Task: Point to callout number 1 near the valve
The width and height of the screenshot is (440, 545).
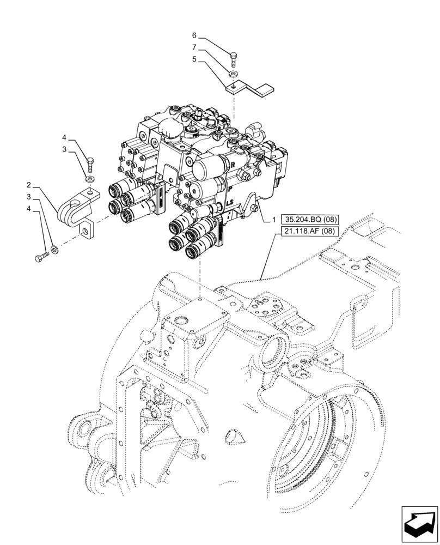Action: tap(267, 220)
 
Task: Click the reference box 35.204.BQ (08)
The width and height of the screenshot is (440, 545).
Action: tap(308, 220)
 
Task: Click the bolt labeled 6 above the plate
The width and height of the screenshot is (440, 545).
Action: tap(234, 58)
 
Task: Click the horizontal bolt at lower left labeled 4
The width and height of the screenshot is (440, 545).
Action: tap(42, 257)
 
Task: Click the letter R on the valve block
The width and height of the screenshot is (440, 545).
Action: tap(233, 163)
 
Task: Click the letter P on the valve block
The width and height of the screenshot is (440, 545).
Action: tap(230, 188)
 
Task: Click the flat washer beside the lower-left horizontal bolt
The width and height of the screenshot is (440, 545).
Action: tap(55, 251)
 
